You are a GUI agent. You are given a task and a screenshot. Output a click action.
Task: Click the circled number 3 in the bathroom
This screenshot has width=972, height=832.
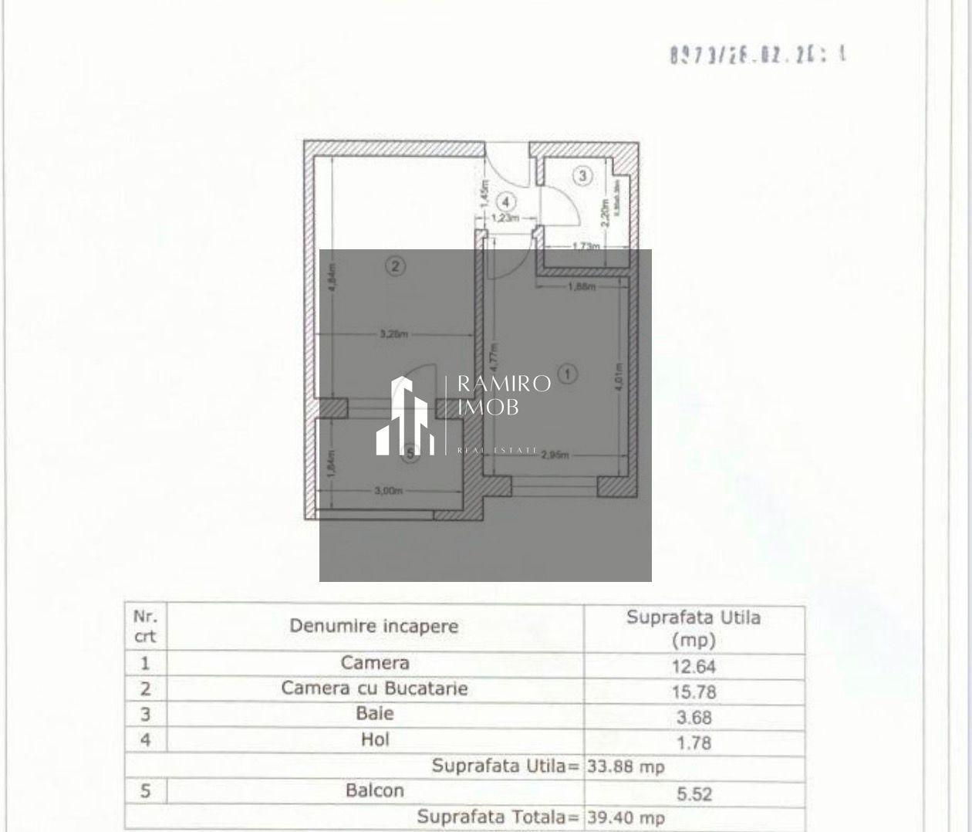coord(582,176)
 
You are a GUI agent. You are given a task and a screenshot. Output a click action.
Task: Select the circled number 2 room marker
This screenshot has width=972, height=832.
coord(395,267)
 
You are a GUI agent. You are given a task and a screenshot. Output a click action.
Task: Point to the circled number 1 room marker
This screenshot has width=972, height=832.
coord(568,374)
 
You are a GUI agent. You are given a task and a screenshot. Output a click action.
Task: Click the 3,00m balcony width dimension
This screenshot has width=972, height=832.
coord(389,491)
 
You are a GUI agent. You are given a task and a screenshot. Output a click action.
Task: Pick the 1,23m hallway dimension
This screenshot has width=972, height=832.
coord(505,218)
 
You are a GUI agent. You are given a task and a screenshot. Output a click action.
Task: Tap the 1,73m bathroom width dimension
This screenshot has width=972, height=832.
coord(586,246)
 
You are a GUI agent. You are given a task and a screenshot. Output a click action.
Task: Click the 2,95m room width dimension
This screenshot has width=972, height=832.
coord(555,455)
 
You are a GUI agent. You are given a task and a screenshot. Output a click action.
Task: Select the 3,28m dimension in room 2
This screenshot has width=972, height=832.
coord(393,335)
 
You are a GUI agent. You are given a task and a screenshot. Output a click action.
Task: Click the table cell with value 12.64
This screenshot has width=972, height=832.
coord(694,666)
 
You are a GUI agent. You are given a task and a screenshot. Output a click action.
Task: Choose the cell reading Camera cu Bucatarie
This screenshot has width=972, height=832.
coord(374,688)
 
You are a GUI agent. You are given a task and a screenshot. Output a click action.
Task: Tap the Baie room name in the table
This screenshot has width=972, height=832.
coord(375,713)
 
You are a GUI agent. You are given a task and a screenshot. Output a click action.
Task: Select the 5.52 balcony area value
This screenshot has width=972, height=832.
coord(694,793)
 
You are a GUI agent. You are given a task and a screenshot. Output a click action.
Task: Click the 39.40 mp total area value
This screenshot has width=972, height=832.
coord(626,817)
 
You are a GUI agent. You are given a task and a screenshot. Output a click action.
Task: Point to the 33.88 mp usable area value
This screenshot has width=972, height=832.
coord(626,767)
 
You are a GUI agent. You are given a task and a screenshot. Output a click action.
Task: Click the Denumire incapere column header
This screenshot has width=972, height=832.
coord(374,626)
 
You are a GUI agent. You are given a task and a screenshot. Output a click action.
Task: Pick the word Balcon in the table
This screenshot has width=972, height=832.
coord(375,790)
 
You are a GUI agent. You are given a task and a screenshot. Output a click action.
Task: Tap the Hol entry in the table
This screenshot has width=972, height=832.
coord(375,739)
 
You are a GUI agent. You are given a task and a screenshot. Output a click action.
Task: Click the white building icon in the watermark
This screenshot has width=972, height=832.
coord(402,417)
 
